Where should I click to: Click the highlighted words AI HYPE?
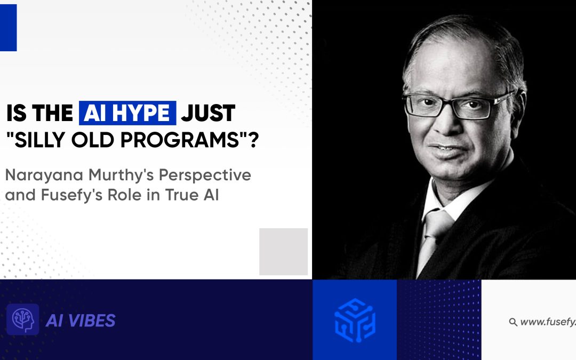pos(127,113)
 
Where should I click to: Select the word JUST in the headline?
pos(208,113)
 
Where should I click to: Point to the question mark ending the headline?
pos(253,140)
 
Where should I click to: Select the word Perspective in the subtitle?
pos(205,176)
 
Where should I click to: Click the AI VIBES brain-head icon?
pos(23,319)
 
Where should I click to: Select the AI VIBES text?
pos(81,321)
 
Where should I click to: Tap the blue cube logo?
pos(355,321)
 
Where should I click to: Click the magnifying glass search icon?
pos(513,322)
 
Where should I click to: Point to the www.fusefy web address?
pos(548,322)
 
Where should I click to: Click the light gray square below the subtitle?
pos(284,252)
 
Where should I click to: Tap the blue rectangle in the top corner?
pos(8,28)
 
